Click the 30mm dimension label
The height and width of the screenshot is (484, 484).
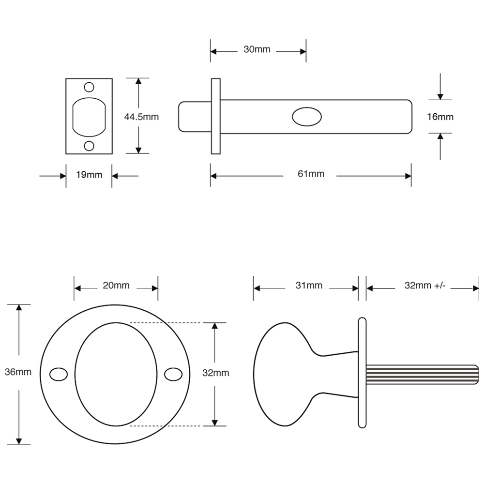click(x=257, y=50)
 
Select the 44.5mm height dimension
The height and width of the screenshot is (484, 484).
click(x=141, y=117)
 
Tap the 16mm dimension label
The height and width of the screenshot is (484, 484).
click(x=440, y=117)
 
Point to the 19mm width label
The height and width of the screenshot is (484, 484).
click(x=89, y=175)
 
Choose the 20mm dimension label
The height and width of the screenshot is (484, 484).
click(x=116, y=286)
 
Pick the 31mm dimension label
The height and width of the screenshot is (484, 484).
click(x=308, y=286)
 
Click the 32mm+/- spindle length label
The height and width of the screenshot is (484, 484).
click(x=424, y=286)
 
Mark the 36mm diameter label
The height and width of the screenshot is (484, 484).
click(x=18, y=372)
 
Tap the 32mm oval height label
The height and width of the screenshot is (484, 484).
click(x=215, y=373)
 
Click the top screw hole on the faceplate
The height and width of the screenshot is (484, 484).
click(x=89, y=87)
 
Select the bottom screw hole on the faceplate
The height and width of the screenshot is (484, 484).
click(x=89, y=146)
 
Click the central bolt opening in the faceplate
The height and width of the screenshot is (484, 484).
click(x=89, y=117)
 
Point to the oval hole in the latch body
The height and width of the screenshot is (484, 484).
click(x=306, y=117)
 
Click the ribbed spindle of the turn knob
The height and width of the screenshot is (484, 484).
click(x=421, y=375)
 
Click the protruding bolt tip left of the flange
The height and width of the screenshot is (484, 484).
click(x=194, y=116)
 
